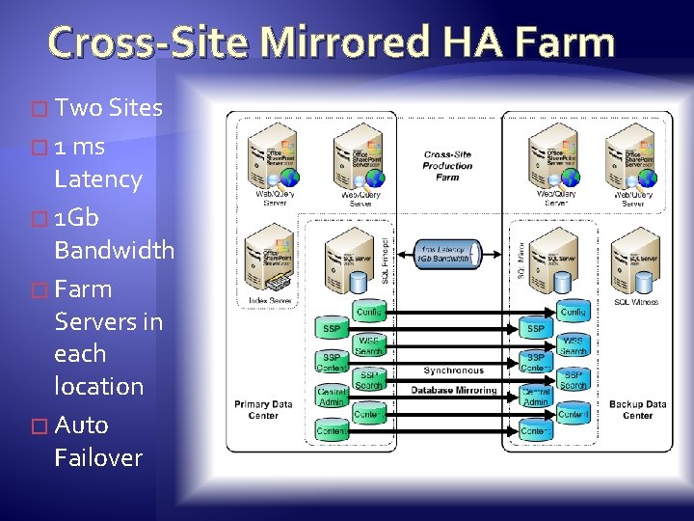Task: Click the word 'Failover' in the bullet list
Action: pyautogui.click(x=98, y=457)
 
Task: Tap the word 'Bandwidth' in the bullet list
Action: pyautogui.click(x=114, y=250)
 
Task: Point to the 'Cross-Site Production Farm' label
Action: pyautogui.click(x=447, y=165)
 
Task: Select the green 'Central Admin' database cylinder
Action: pyautogui.click(x=332, y=396)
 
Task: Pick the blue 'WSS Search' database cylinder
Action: pyautogui.click(x=573, y=345)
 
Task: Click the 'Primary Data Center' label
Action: pyautogui.click(x=263, y=410)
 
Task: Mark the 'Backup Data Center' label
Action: pyautogui.click(x=637, y=410)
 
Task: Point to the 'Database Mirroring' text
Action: pyautogui.click(x=454, y=390)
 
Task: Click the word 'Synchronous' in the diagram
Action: pyautogui.click(x=453, y=370)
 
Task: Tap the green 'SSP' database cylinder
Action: pyautogui.click(x=332, y=328)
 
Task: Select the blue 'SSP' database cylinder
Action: pyautogui.click(x=535, y=328)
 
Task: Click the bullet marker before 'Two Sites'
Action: pyautogui.click(x=40, y=109)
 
